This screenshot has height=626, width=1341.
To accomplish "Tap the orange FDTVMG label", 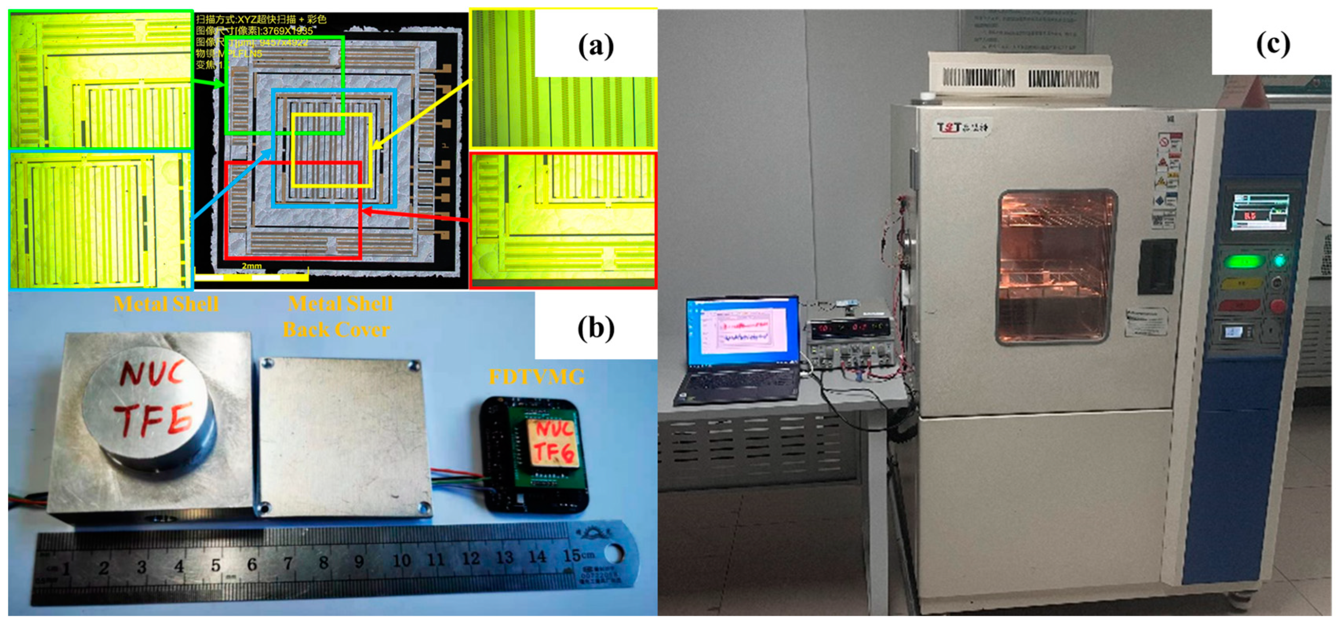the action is [x=536, y=377].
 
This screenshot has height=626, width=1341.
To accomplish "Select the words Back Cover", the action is [x=336, y=330].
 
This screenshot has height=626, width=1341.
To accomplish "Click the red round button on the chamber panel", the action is [x=1278, y=305].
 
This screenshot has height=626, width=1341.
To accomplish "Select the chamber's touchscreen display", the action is [x=1260, y=212].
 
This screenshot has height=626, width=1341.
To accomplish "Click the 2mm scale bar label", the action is [x=252, y=266].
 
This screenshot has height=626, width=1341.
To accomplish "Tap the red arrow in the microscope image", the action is [x=416, y=215].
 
